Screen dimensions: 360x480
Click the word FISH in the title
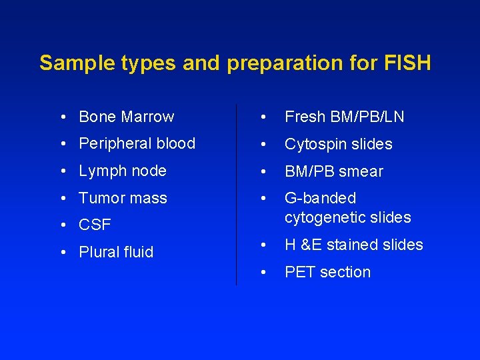pyautogui.click(x=407, y=63)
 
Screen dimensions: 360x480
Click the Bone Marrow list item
pyautogui.click(x=126, y=117)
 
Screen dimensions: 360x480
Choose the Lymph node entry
pyautogui.click(x=122, y=171)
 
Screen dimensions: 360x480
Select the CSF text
pyautogui.click(x=95, y=225)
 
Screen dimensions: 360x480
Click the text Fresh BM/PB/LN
pyautogui.click(x=344, y=117)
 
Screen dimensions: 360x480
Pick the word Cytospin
pyautogui.click(x=313, y=144)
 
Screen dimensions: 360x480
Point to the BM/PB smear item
pyautogui.click(x=333, y=171)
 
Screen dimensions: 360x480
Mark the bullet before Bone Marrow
pyautogui.click(x=62, y=117)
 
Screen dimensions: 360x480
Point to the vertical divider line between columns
pyautogui.click(x=237, y=193)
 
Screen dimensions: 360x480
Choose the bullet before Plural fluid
pyautogui.click(x=62, y=253)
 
